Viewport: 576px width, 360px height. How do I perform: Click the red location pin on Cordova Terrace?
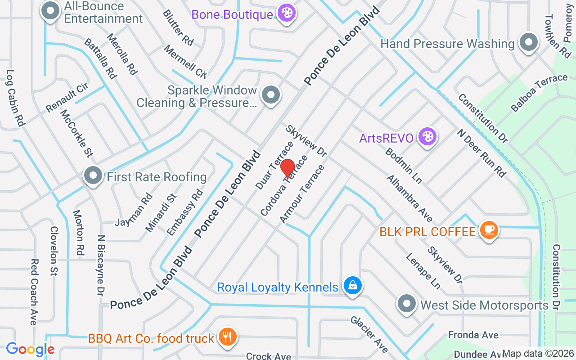point(288,169)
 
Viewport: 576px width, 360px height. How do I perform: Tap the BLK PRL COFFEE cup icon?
point(489,230)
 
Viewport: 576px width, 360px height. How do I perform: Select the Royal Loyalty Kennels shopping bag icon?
point(353,285)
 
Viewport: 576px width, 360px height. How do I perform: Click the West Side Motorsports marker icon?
point(407,304)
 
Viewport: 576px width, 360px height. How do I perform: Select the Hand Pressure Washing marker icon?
point(529,42)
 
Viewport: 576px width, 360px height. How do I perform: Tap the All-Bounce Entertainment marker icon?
point(50,11)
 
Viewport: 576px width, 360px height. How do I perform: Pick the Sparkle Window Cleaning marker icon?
point(271,95)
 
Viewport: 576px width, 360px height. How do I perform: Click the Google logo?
point(30,349)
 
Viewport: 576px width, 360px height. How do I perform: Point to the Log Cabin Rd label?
point(16,97)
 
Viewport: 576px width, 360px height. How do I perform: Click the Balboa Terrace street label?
point(539,93)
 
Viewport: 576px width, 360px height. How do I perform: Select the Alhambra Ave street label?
point(409,199)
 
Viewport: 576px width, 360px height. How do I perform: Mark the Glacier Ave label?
point(369,333)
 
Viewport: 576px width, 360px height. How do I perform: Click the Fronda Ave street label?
point(473,335)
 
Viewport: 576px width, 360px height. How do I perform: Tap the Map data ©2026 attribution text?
point(538,353)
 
